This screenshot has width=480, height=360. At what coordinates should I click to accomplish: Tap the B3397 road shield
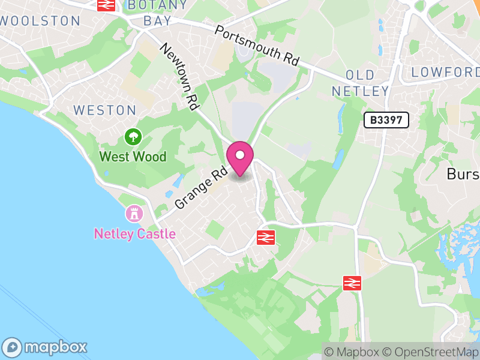coord(386,120)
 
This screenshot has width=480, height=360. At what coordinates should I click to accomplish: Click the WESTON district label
coord(105,110)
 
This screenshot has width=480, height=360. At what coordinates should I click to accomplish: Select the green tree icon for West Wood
coord(133,137)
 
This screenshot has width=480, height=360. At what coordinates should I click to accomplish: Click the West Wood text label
coord(133,157)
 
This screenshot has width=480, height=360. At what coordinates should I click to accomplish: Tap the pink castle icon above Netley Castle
coord(133,213)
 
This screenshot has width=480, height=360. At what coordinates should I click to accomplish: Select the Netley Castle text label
coord(135,233)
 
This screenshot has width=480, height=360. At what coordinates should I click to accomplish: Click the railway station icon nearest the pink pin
coord(265,238)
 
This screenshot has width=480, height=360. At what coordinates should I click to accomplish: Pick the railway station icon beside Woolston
coord(106,5)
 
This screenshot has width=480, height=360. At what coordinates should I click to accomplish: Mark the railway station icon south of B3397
coord(352,283)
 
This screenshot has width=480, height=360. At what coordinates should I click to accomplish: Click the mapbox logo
coord(46,347)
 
